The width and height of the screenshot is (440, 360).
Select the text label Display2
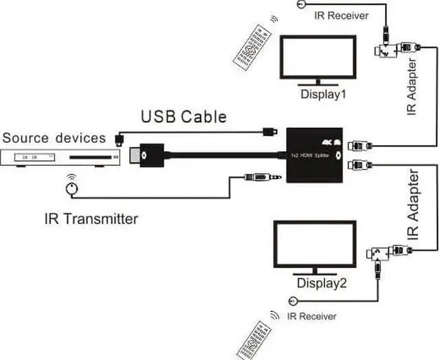click(321, 282)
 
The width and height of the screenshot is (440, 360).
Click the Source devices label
click(54, 137)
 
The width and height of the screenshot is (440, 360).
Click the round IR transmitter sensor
click(70, 188)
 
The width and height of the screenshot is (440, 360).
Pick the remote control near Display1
click(252, 47)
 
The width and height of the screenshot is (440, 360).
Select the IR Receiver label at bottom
click(312, 316)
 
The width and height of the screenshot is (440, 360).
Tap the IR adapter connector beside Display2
click(388, 254)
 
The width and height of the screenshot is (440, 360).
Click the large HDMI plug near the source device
click(153, 155)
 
